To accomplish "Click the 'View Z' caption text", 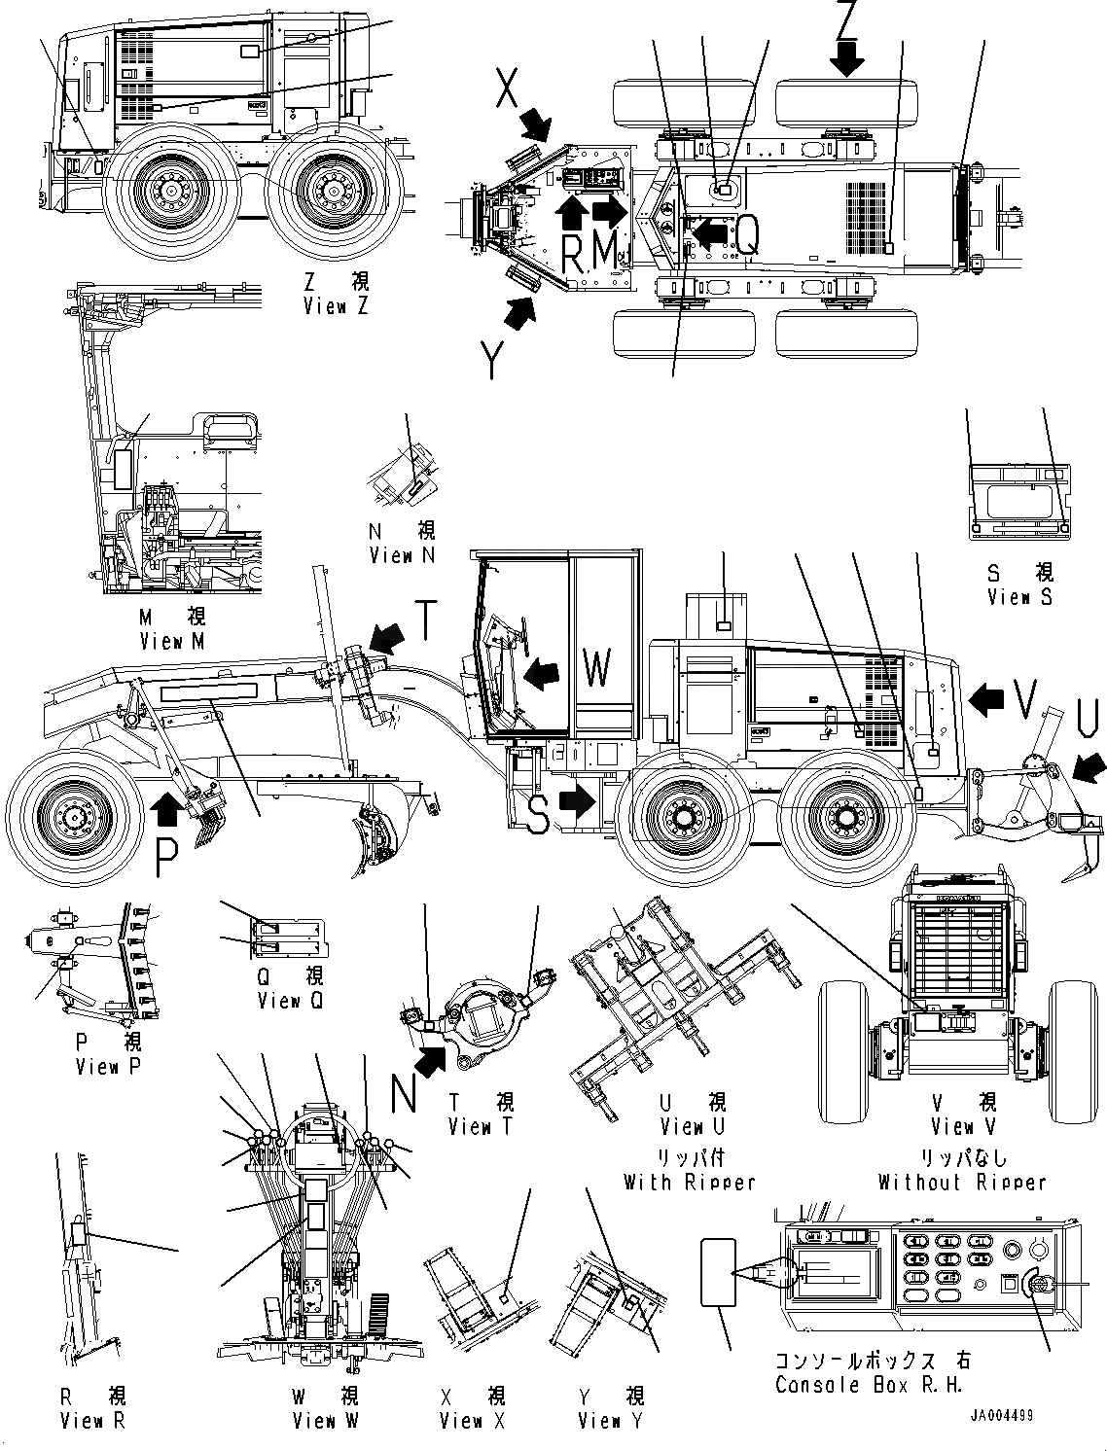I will [x=337, y=306].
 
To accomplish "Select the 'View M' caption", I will [x=172, y=641].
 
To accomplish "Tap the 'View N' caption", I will [x=402, y=555].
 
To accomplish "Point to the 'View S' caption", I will [x=1018, y=597].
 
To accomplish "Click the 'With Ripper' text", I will [x=689, y=1183].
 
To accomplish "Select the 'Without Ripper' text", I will [x=962, y=1183].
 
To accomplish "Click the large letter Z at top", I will [x=847, y=18].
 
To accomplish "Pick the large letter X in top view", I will [x=508, y=89].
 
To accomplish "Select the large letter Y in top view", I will [x=494, y=362].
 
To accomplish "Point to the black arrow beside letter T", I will [x=388, y=637].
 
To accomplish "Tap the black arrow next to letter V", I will [x=988, y=697].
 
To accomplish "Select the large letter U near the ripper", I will [x=1089, y=720].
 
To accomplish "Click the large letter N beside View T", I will [x=405, y=1095].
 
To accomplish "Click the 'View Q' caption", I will [x=289, y=1001].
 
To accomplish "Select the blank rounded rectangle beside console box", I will [x=718, y=1272].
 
